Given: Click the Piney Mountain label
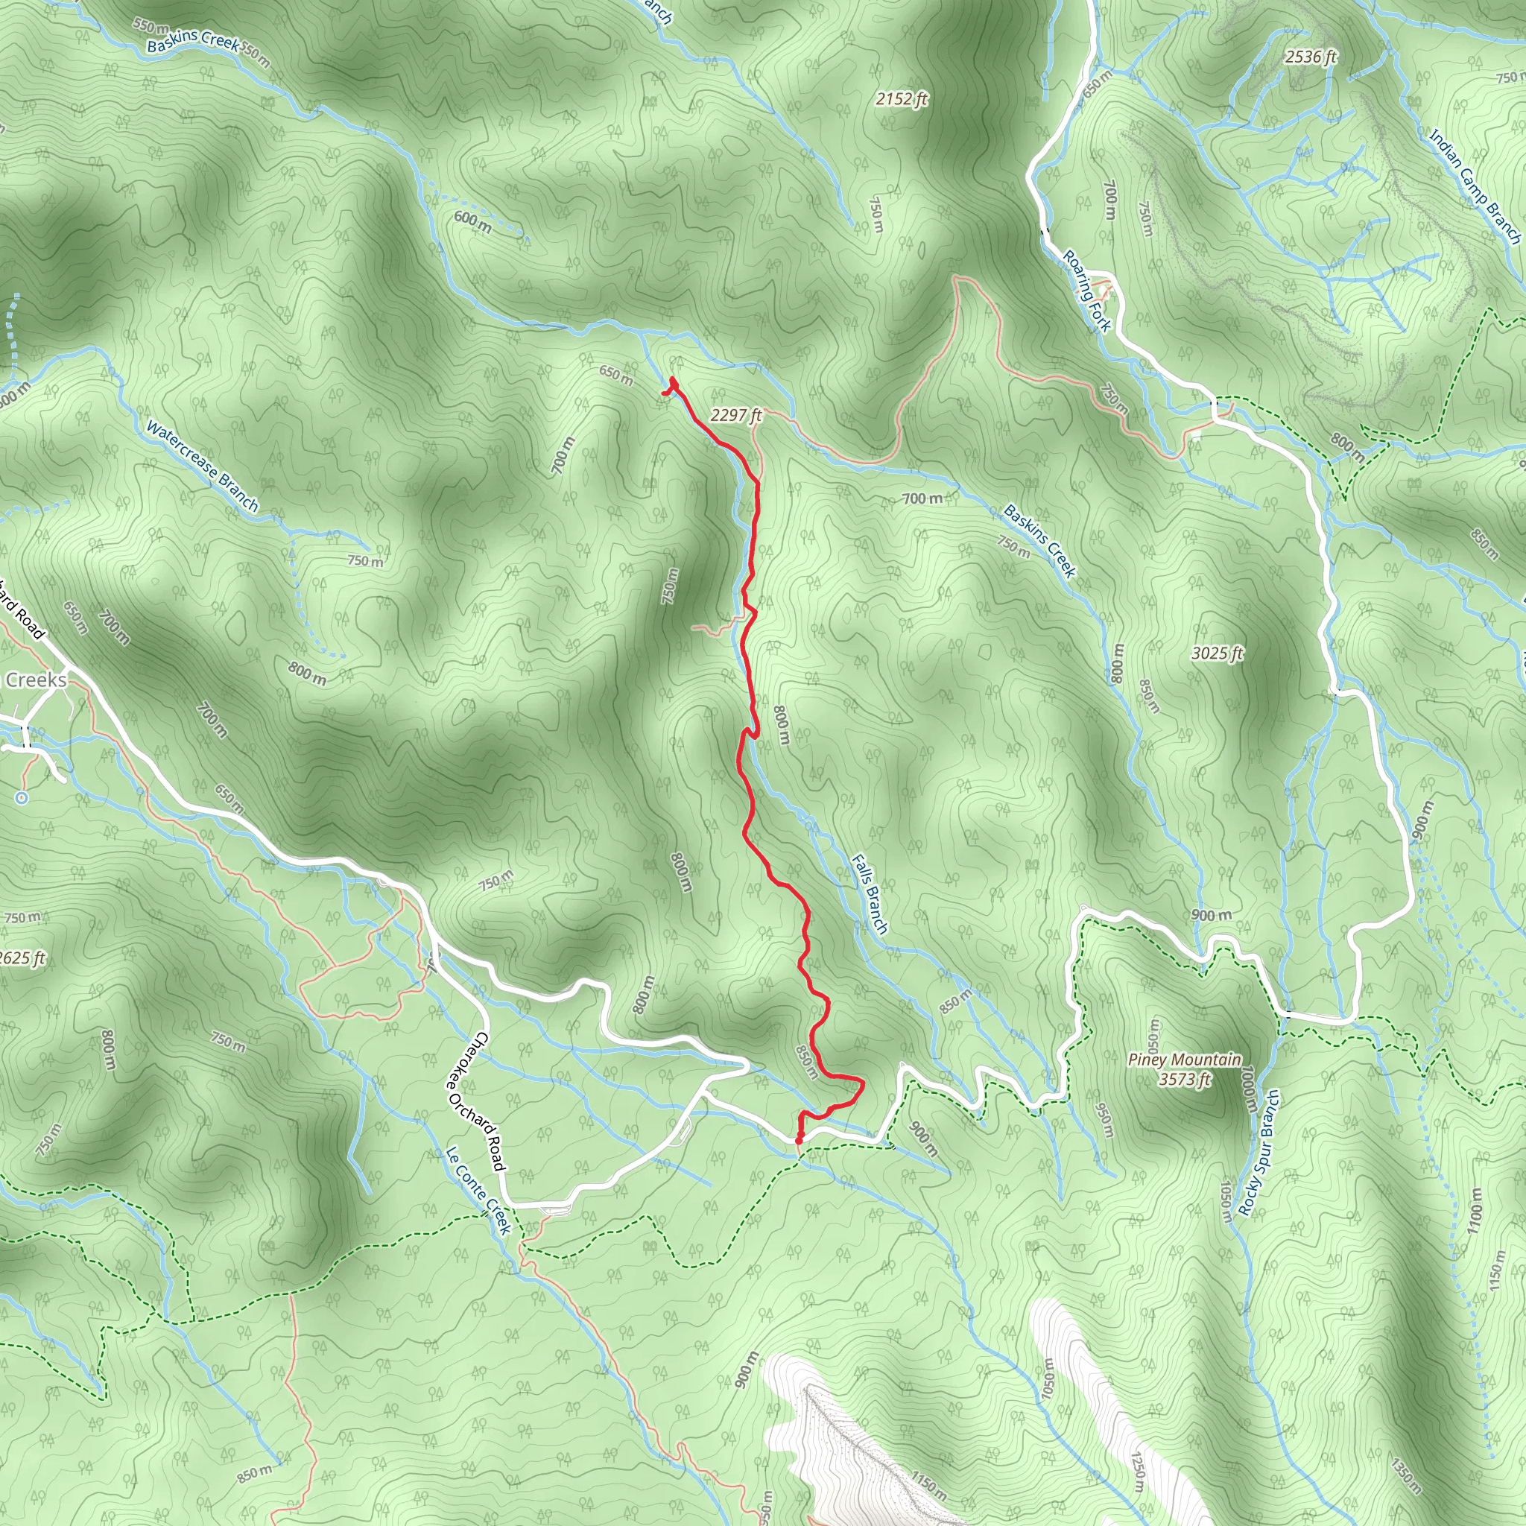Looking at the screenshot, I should click(x=1184, y=1060).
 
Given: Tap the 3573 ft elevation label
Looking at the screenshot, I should click(x=1184, y=1079).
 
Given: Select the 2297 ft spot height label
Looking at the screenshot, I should click(x=735, y=415).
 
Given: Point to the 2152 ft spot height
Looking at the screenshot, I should click(x=902, y=99).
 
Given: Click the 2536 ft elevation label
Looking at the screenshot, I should click(x=1311, y=57).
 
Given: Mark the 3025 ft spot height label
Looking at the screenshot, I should click(x=1218, y=653).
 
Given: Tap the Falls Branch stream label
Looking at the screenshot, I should click(x=870, y=894).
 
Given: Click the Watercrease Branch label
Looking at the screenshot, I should click(x=203, y=466).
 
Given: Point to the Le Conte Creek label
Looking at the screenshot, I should click(x=478, y=1190).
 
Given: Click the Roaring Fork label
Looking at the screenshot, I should click(x=1087, y=291).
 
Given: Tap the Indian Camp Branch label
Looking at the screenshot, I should click(x=1475, y=186).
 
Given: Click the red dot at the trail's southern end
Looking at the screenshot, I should click(x=799, y=1141).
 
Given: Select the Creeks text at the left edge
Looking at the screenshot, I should click(x=37, y=680).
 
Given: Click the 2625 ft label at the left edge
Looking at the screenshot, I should click(x=22, y=958).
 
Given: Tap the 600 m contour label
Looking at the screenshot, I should click(x=472, y=222).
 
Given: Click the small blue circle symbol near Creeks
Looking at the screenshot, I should click(x=22, y=798).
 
